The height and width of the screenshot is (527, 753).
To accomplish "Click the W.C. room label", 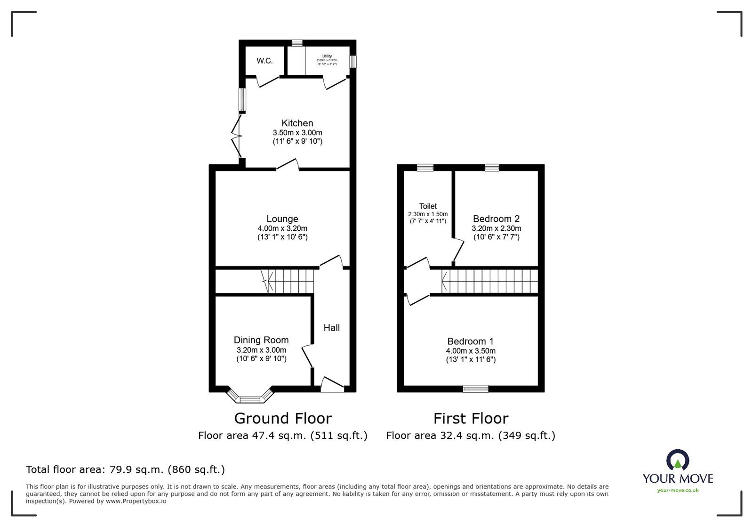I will click(x=264, y=61).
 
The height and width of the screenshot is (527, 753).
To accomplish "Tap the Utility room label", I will click(x=327, y=56).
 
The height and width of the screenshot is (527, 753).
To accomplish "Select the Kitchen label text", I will click(x=297, y=123).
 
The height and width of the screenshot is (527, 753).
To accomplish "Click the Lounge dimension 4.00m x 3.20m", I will click(x=282, y=228).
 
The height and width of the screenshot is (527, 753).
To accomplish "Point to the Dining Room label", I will click(x=261, y=340).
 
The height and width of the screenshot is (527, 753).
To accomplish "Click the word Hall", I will click(x=331, y=328).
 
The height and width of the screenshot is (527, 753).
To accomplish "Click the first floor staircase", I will click(x=489, y=281).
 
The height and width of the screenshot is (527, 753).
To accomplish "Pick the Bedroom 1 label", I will click(x=470, y=341).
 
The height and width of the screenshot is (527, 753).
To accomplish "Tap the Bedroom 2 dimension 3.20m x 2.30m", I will click(x=497, y=228).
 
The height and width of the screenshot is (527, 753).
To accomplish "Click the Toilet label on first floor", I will click(x=428, y=206).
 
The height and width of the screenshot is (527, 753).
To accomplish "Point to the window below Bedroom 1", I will click(x=475, y=389).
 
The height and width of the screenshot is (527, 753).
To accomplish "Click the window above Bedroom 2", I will click(x=492, y=167).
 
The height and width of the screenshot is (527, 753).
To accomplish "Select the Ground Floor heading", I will click(x=283, y=418).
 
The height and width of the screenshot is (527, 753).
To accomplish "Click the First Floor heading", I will click(x=471, y=418).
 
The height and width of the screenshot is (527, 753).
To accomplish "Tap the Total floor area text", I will click(x=125, y=470).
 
